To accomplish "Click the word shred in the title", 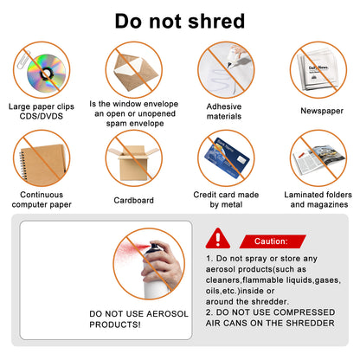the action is [216, 21].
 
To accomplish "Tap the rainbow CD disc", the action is [46, 73].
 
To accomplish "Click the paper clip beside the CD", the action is [23, 60].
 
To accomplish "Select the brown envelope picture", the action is [135, 72].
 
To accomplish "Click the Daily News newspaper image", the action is [318, 71].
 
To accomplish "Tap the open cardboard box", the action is [133, 162].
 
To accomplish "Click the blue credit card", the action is [227, 157].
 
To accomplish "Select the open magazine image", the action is [318, 159].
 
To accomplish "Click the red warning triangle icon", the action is [218, 238].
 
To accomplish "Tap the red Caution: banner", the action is [273, 241].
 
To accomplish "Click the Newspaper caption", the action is [322, 111].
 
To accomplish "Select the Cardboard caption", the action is [133, 200].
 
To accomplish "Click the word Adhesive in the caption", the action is [224, 106].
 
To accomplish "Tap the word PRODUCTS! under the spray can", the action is [115, 325].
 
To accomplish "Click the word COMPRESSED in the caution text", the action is [304, 312].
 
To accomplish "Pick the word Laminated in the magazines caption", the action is [302, 195].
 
